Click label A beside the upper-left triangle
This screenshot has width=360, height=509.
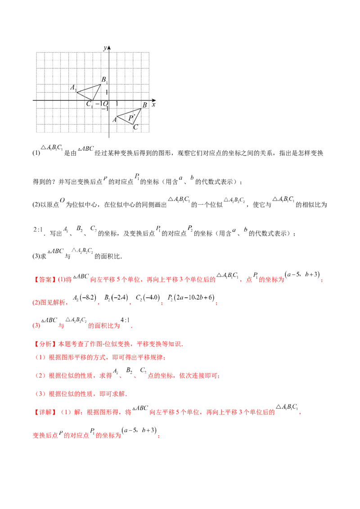click(72, 87)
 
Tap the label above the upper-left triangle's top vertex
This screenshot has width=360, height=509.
click(104, 79)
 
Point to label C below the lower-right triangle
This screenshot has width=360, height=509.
click(135, 127)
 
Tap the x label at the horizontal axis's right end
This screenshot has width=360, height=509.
click(156, 102)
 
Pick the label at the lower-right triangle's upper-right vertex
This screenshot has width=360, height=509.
click(145, 106)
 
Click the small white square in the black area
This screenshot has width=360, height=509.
click(182, 182)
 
